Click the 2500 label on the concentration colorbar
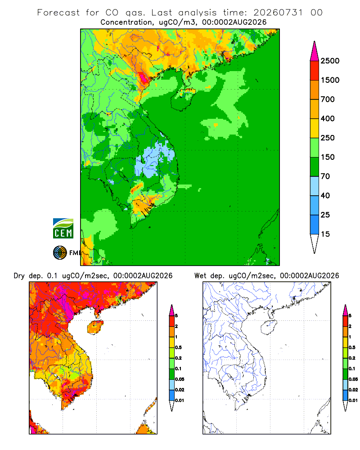click(x=330, y=61)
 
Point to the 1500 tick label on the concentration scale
click(x=330, y=80)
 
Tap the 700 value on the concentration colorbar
click(x=328, y=99)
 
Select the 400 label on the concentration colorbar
click(x=328, y=118)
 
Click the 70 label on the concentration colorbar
click(x=325, y=176)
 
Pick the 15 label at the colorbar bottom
click(x=325, y=234)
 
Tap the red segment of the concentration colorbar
click(x=315, y=71)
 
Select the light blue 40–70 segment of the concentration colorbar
click(x=315, y=186)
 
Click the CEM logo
click(x=63, y=229)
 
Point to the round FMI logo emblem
click(x=60, y=253)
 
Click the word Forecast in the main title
click(x=58, y=13)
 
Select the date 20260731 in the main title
click(x=278, y=13)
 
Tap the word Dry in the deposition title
click(x=19, y=276)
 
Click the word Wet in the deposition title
click(x=200, y=276)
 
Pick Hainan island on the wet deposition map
click(x=269, y=328)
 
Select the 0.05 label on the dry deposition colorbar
click(x=180, y=379)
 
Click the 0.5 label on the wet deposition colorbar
click(x=352, y=347)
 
